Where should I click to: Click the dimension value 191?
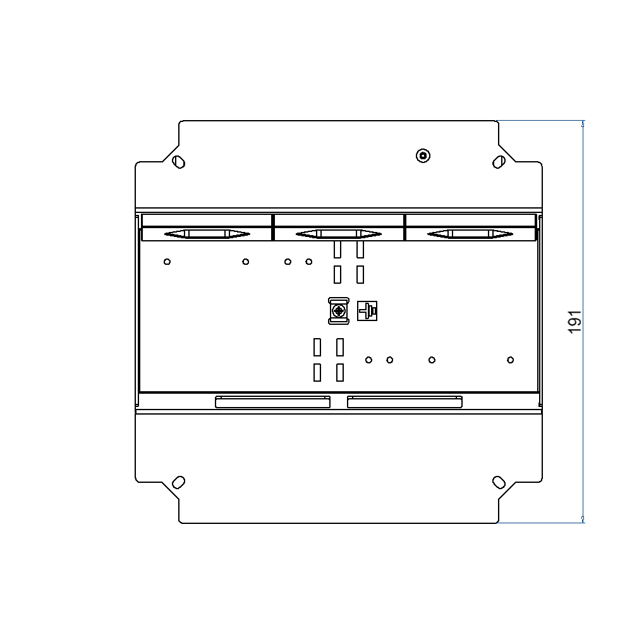(574, 322)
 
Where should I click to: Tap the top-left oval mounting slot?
(179, 162)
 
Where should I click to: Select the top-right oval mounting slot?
(499, 162)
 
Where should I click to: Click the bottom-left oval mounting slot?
(179, 482)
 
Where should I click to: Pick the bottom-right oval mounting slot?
(499, 482)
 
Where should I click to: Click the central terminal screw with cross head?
(339, 311)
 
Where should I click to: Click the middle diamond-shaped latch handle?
(339, 234)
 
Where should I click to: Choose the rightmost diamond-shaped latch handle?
(470, 234)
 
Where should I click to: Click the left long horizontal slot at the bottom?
(272, 402)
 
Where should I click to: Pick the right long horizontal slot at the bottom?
(404, 402)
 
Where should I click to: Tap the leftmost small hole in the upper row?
(167, 262)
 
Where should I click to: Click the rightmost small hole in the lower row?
(511, 360)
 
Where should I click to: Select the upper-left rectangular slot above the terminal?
(337, 250)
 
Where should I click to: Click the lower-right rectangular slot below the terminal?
(340, 372)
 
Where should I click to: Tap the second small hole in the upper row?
(246, 262)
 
